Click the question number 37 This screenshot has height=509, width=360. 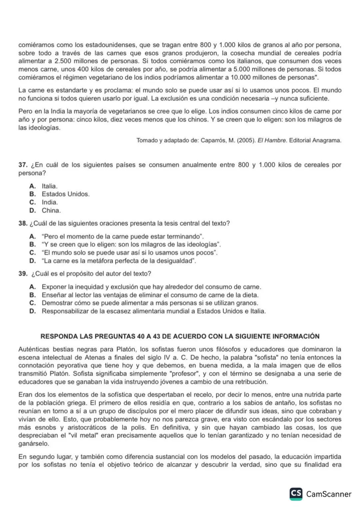pyautogui.click(x=22, y=165)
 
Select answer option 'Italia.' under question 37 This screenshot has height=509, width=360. pyautogui.click(x=49, y=186)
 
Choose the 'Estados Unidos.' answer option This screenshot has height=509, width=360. pyautogui.click(x=65, y=194)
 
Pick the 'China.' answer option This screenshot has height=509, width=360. pyautogui.click(x=51, y=211)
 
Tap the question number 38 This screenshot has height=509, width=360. pyautogui.click(x=22, y=224)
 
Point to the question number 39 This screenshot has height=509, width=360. pyautogui.click(x=22, y=274)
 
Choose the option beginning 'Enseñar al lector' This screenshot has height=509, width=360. pyautogui.click(x=150, y=295)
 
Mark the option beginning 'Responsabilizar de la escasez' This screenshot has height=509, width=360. pyautogui.click(x=153, y=311)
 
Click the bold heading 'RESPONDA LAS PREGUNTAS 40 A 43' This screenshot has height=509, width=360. pyautogui.click(x=180, y=336)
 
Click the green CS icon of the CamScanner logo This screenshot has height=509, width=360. pyautogui.click(x=296, y=494)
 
